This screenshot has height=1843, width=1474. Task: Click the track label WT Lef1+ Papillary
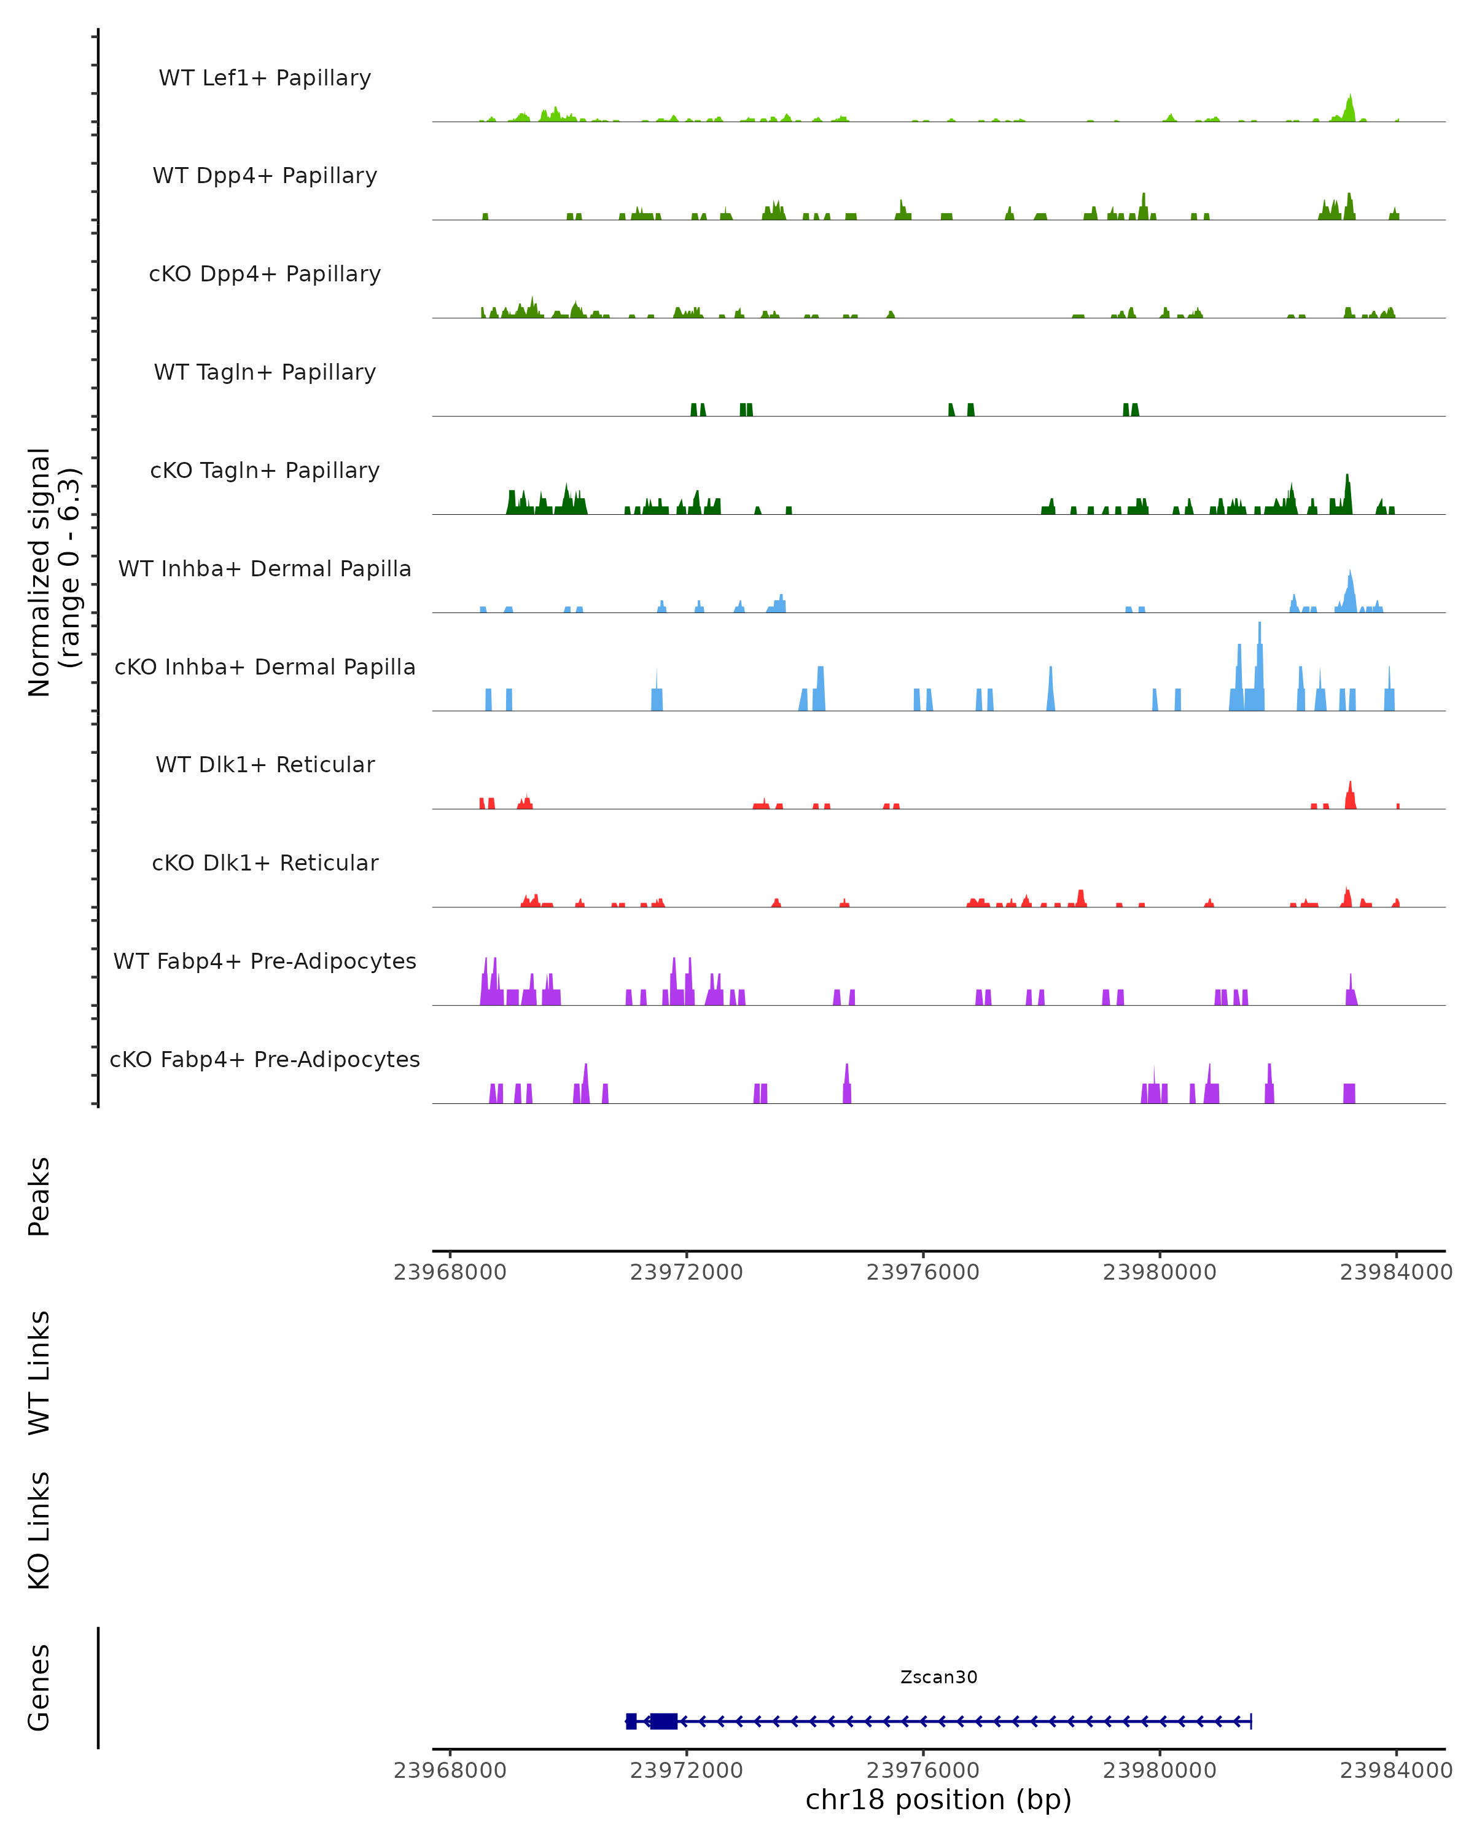265,78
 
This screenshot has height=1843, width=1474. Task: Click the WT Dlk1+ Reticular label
265,764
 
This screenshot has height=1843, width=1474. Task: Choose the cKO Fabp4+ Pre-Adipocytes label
265,1059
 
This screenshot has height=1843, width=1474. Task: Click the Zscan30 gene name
938,1677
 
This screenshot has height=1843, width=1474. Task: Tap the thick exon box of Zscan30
663,1721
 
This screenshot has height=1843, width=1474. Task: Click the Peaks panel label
39,1196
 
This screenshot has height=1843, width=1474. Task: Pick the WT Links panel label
39,1372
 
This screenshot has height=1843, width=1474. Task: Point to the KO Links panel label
39,1530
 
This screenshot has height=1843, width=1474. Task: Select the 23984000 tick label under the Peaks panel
1396,1272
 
